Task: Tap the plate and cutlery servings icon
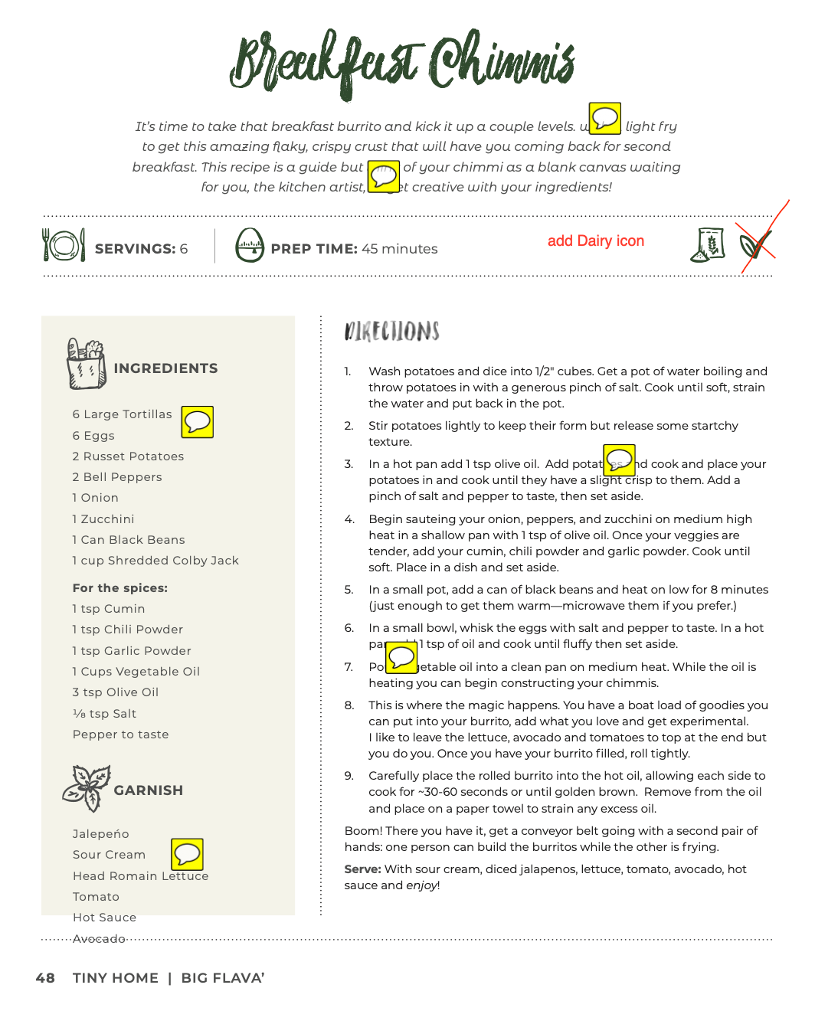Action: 63,245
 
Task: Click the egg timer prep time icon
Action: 250,245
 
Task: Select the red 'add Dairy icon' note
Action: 595,241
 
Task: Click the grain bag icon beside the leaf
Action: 709,245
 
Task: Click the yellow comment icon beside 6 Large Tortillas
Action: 198,422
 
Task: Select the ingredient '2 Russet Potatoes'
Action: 128,456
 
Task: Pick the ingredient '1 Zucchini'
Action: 103,519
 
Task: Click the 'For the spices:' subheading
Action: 120,588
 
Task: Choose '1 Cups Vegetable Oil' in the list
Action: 136,672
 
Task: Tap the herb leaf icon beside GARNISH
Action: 86,788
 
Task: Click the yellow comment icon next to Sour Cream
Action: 187,855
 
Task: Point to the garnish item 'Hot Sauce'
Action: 104,918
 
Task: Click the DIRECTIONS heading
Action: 392,331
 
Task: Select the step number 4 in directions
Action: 349,519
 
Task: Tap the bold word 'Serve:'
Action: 362,869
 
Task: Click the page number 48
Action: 45,978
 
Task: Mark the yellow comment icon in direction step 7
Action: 401,657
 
